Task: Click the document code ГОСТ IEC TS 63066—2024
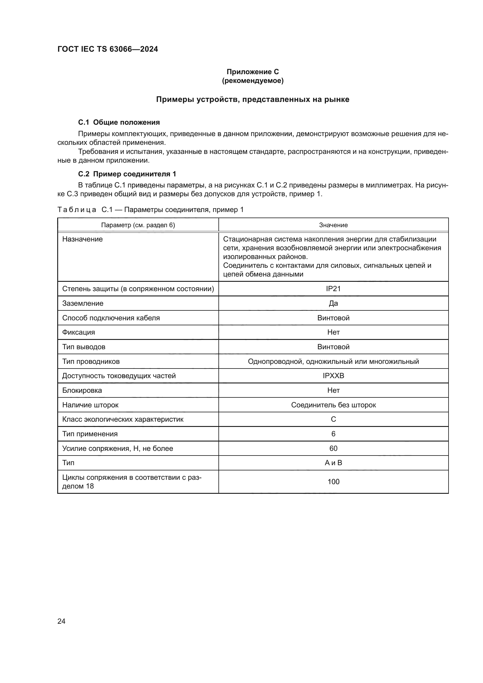(x=108, y=49)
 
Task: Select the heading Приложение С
(x=253, y=72)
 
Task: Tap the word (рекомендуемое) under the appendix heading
(x=253, y=81)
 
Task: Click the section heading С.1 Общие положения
(x=119, y=122)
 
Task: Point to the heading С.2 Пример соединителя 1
(x=127, y=174)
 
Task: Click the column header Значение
(x=333, y=225)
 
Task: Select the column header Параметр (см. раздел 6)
(x=138, y=225)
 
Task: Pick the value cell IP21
(x=333, y=289)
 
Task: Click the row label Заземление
(x=83, y=303)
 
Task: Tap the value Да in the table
(x=333, y=303)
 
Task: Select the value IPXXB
(x=333, y=376)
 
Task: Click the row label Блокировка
(x=82, y=390)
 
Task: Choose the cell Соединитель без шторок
(x=333, y=405)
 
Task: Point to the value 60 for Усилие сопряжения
(x=333, y=448)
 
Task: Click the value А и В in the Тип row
(x=333, y=463)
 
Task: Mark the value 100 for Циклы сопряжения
(x=333, y=482)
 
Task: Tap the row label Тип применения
(x=90, y=434)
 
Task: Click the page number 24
(x=61, y=621)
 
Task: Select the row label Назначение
(x=82, y=239)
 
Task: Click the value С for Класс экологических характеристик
(x=333, y=419)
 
